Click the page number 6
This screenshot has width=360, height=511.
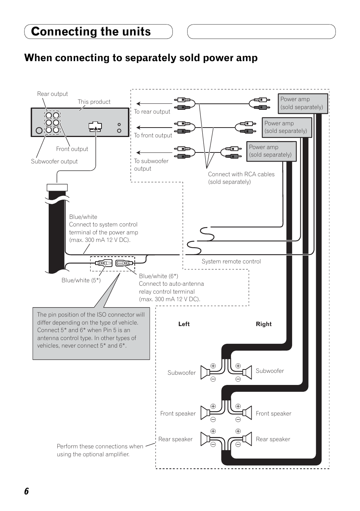(x=26, y=491)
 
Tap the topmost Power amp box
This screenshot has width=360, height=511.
(x=303, y=103)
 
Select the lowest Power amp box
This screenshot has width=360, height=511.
(x=271, y=151)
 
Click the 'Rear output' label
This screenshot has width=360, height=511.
(x=52, y=94)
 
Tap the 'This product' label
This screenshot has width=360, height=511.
(x=94, y=102)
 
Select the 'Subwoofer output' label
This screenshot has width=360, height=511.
(x=54, y=162)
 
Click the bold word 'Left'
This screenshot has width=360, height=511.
(x=184, y=324)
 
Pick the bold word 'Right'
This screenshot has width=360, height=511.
(x=264, y=324)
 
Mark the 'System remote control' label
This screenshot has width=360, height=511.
(x=231, y=262)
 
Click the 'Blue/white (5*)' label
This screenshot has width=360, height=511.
(x=81, y=280)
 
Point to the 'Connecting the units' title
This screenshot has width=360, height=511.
(x=91, y=32)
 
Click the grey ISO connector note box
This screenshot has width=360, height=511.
(x=91, y=334)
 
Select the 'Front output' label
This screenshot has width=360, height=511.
(x=72, y=149)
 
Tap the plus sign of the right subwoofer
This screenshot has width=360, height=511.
(x=238, y=366)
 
